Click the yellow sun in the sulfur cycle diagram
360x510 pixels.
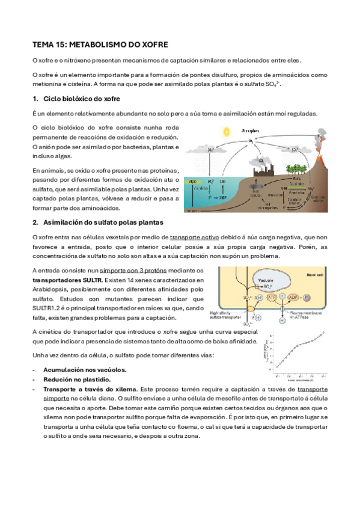click(x=226, y=131)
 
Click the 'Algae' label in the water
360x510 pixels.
click(x=194, y=181)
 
